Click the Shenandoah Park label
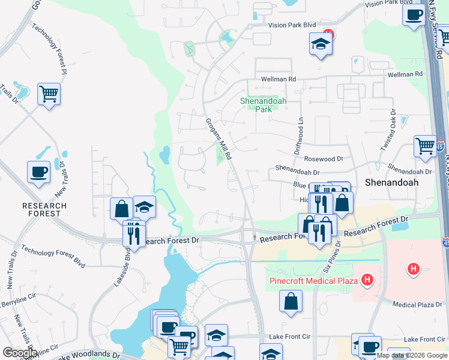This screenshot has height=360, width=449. tap(264, 105)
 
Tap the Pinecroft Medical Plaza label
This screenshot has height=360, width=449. tap(313, 280)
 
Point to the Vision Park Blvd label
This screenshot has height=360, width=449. tap(292, 25)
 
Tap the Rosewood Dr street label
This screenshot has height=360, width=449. tap(323, 158)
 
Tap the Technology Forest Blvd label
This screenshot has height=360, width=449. tap(53, 256)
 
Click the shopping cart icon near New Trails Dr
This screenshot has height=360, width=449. tap(49, 94)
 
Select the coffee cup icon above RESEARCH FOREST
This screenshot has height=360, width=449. tap(39, 172)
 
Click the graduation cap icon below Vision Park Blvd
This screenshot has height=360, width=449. tap(321, 43)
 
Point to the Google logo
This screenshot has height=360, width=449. tap(20, 352)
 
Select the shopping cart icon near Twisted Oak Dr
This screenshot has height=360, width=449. tap(425, 146)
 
